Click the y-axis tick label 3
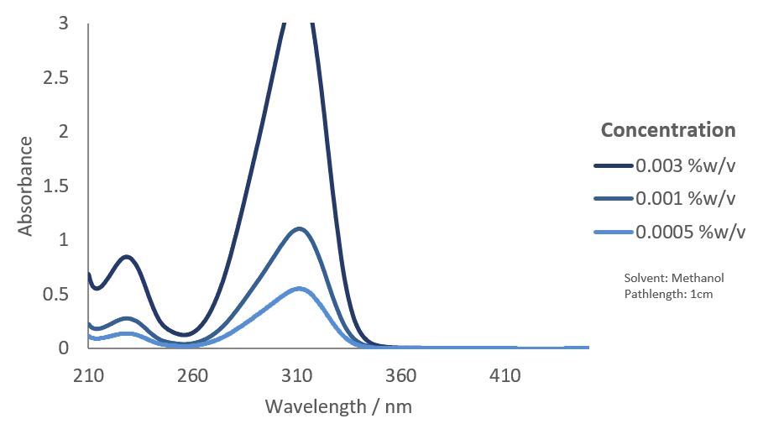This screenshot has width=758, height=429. [x=63, y=24]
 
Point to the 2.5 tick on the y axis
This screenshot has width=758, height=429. [x=57, y=78]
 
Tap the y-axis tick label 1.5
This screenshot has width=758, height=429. [x=57, y=186]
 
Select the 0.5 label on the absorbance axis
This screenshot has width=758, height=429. [x=57, y=294]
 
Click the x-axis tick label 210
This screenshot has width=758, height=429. [x=88, y=377]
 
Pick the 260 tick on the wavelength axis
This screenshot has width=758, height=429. [x=192, y=377]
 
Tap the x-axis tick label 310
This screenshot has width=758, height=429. [x=297, y=377]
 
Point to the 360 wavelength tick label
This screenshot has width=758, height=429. [x=401, y=377]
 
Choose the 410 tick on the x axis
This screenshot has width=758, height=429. [x=505, y=377]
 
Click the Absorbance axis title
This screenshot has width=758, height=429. [x=26, y=186]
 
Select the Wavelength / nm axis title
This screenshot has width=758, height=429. [x=338, y=406]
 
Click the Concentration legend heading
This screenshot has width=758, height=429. [x=668, y=130]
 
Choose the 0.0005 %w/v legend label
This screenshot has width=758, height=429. [x=691, y=233]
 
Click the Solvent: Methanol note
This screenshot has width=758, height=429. [x=674, y=278]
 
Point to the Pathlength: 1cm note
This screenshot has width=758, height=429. [x=669, y=294]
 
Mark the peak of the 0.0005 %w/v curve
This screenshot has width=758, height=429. [x=300, y=289]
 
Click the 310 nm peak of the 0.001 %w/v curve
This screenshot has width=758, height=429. [x=299, y=228]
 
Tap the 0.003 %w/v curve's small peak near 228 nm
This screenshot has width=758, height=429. [x=127, y=257]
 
